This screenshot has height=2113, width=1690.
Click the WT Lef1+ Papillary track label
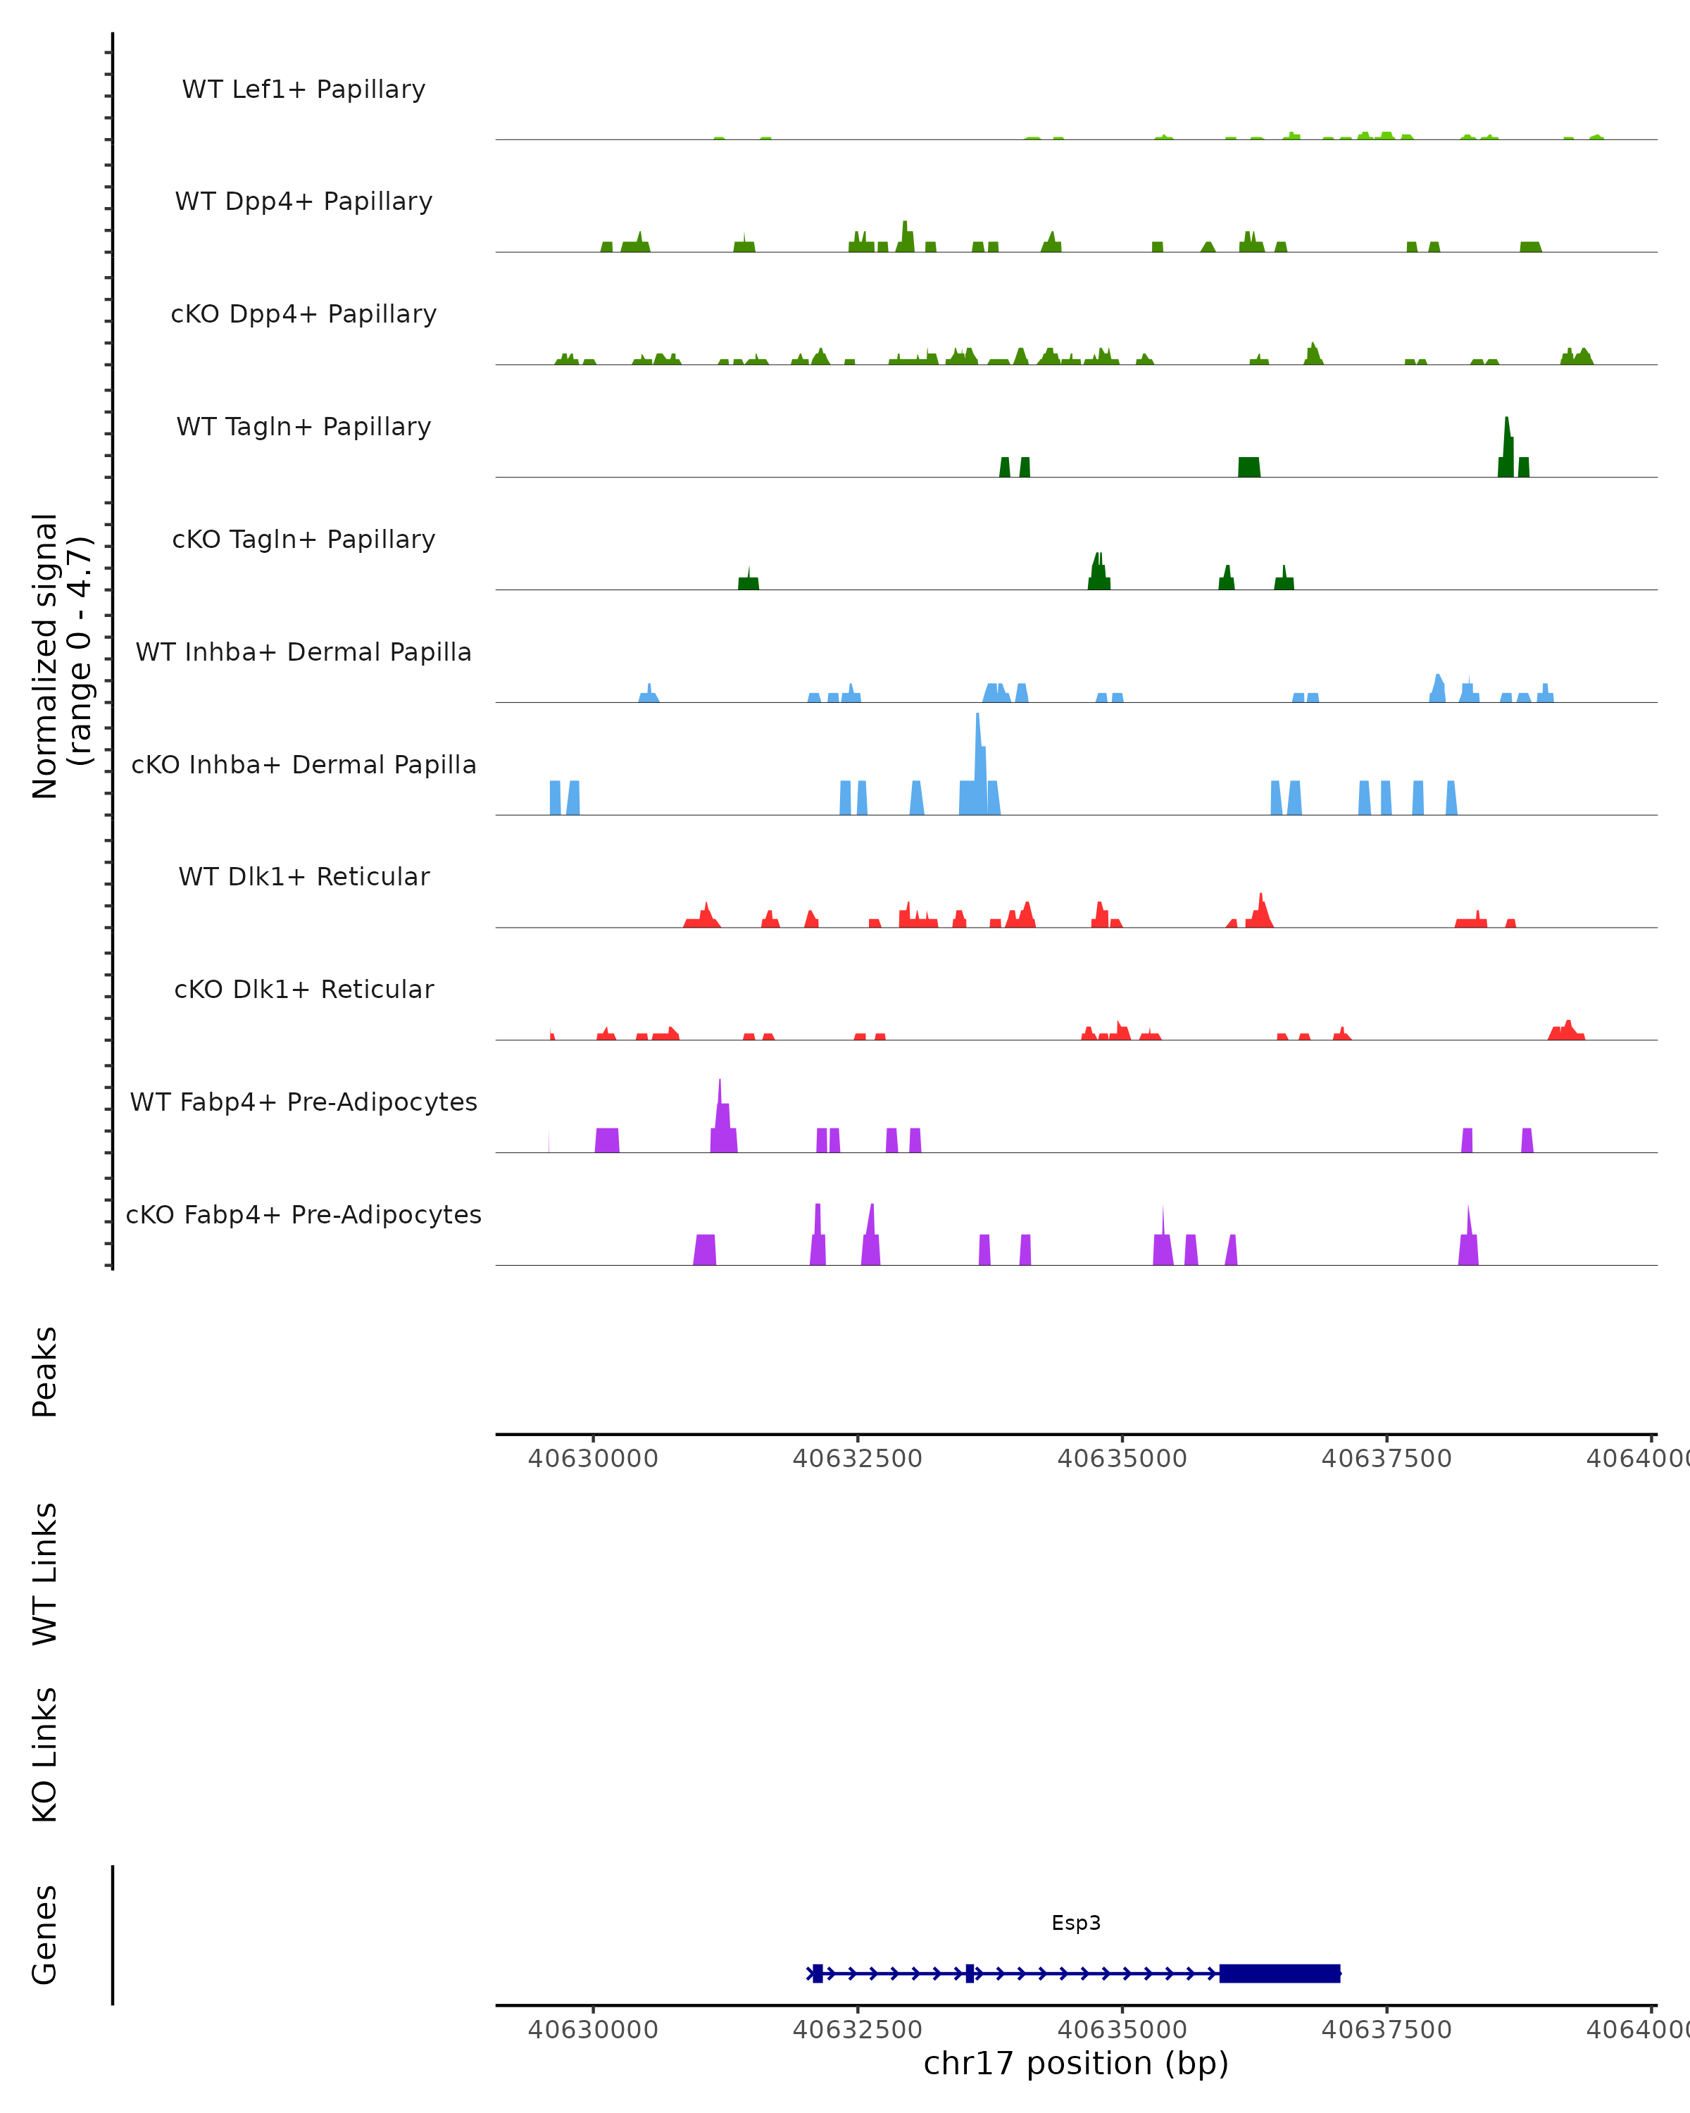303,89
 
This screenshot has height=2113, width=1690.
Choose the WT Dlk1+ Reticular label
303,876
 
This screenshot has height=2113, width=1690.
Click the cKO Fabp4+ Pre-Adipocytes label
303,1214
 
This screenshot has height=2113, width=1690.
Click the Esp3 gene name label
1076,1923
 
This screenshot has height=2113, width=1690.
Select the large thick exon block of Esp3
1279,1973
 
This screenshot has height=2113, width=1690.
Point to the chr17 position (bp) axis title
1076,2063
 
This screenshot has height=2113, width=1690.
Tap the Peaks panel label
45,1371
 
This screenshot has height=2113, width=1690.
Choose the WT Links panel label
45,1573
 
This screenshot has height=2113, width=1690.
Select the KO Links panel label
45,1754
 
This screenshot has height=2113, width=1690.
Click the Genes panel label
45,1935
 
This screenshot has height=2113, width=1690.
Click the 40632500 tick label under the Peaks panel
857,1459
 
